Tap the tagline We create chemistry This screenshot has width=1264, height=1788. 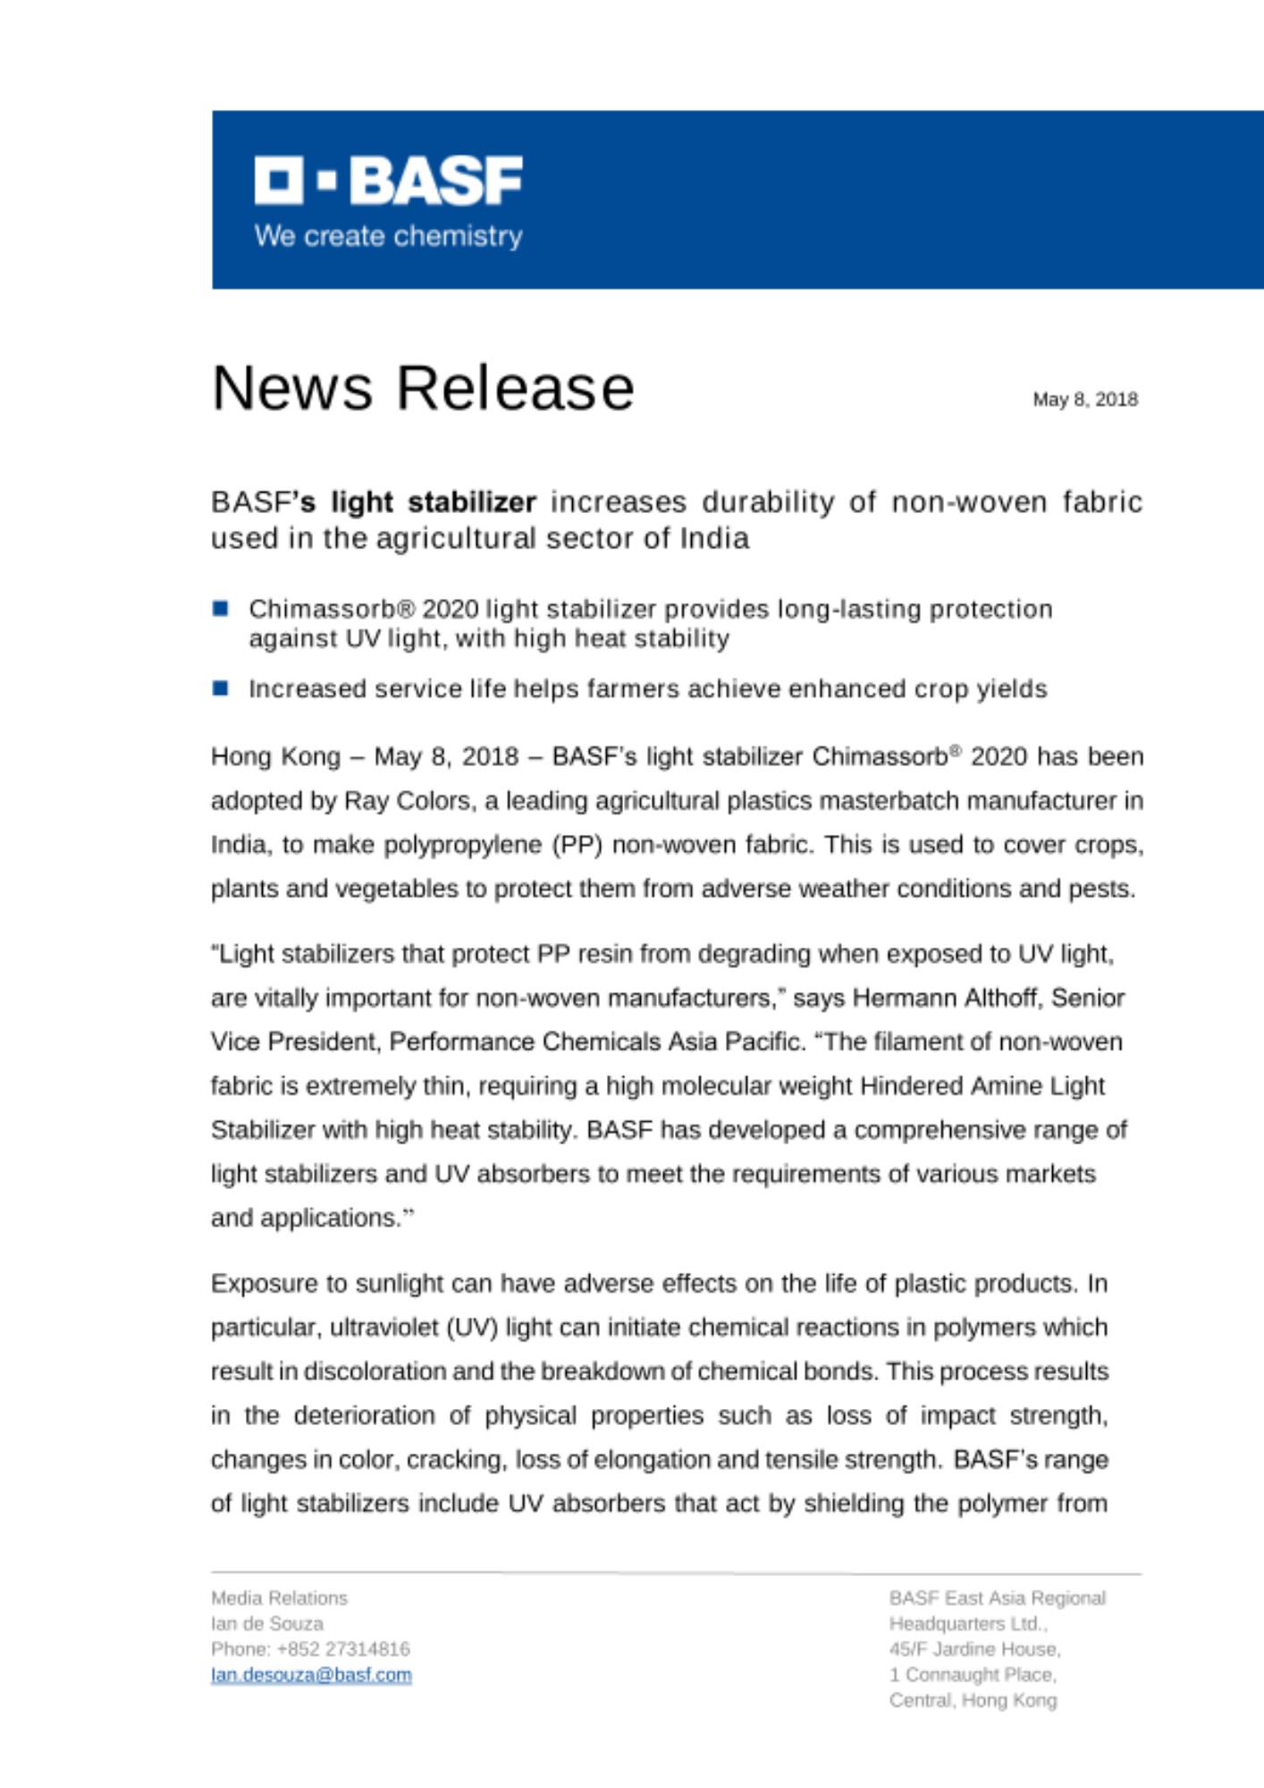click(x=388, y=236)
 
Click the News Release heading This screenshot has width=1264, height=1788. click(x=423, y=388)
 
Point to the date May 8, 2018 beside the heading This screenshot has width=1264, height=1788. click(x=1084, y=400)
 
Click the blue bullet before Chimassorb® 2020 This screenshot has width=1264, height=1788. click(x=221, y=609)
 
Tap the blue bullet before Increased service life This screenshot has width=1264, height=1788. click(x=221, y=688)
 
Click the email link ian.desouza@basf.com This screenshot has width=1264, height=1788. click(x=311, y=1674)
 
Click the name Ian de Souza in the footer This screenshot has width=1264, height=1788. click(x=267, y=1624)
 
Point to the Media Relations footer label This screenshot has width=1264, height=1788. click(x=279, y=1598)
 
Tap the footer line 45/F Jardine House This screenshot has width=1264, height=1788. click(x=974, y=1649)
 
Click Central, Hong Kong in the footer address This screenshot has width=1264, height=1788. click(x=973, y=1700)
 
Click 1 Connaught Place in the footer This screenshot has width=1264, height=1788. click(x=973, y=1674)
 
